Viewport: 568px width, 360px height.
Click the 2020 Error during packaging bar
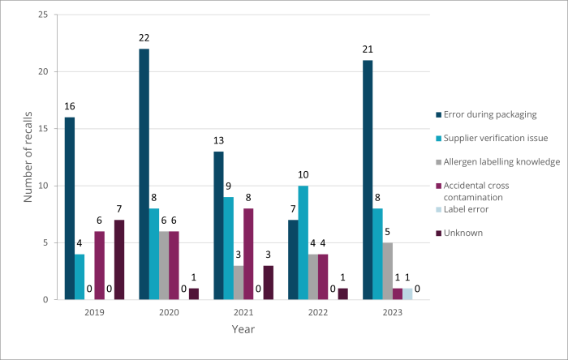click(144, 174)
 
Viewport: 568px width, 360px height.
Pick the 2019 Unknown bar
click(119, 259)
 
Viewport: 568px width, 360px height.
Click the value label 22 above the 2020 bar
click(144, 39)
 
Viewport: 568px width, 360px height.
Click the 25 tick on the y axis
click(42, 15)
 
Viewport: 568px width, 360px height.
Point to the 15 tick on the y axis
click(42, 129)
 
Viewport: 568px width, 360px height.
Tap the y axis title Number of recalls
click(26, 157)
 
